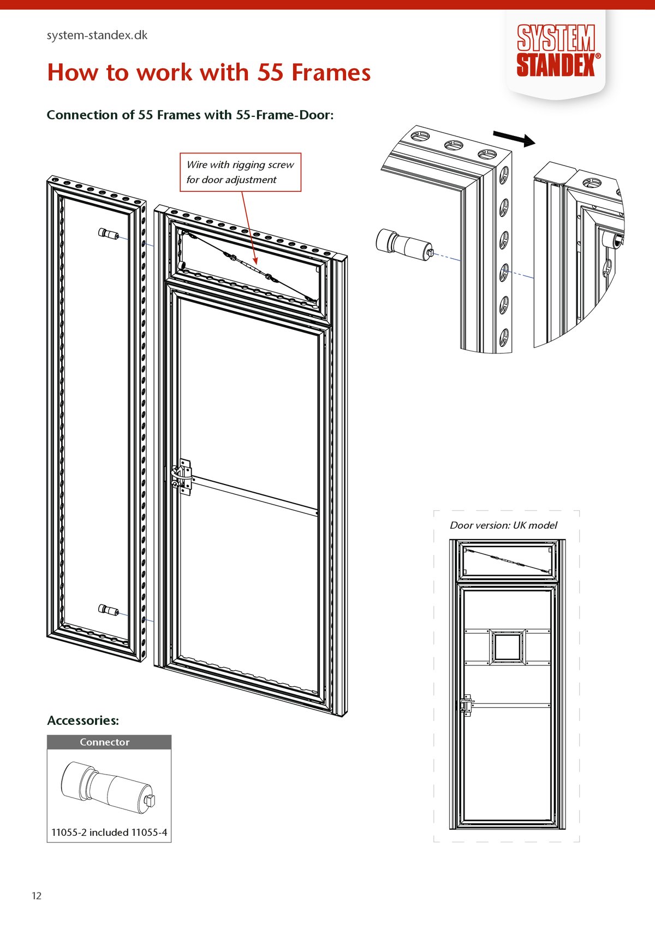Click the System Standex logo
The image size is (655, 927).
556,51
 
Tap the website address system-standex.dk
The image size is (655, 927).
97,36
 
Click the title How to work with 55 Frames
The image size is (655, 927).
209,73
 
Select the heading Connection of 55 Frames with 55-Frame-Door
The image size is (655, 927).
190,115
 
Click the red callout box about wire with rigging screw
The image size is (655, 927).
240,172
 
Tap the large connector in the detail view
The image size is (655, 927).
404,244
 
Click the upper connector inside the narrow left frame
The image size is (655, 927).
108,234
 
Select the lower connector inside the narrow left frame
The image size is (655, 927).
108,610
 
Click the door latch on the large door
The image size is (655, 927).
182,477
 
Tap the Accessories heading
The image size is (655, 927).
83,721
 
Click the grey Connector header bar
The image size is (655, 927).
109,742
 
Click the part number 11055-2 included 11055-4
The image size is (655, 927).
109,832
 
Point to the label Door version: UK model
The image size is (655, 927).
503,526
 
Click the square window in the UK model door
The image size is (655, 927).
508,647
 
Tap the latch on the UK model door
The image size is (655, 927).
466,705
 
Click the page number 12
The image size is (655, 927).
37,896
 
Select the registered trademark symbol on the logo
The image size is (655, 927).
598,56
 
